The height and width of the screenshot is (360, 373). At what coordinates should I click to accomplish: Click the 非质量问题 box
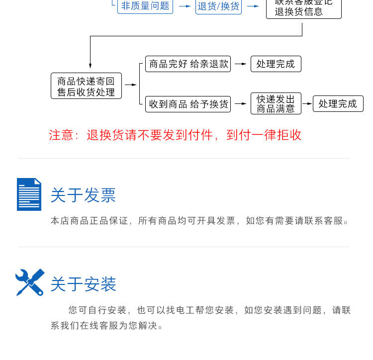(x=145, y=6)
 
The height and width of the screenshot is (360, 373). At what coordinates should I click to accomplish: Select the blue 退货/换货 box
(x=218, y=6)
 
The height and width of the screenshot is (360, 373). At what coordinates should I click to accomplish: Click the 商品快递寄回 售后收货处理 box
(x=86, y=86)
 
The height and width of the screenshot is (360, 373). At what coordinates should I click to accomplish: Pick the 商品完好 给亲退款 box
(x=188, y=64)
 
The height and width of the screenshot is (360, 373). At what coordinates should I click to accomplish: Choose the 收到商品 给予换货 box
(x=188, y=104)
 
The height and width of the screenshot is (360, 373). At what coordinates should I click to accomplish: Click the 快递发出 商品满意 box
(x=276, y=103)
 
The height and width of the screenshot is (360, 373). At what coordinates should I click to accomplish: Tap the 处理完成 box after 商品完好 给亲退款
(x=276, y=64)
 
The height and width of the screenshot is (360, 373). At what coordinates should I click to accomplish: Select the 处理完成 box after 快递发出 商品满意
(x=338, y=103)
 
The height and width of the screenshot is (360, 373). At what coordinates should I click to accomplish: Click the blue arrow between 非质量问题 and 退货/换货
(x=185, y=6)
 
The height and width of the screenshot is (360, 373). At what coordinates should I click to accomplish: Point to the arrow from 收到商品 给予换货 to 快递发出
(x=241, y=104)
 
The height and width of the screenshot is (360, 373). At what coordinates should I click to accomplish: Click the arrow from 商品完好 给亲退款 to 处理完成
(x=241, y=64)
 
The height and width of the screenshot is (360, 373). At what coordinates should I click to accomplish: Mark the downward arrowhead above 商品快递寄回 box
(x=90, y=65)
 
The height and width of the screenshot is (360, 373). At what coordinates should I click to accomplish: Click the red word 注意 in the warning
(x=61, y=135)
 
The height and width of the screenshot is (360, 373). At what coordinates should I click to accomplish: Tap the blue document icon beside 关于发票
(x=29, y=194)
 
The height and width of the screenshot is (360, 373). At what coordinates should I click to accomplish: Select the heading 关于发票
(x=83, y=195)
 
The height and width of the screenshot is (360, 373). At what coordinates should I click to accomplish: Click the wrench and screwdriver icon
(x=30, y=282)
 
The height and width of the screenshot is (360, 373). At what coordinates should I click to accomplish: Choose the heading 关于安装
(x=83, y=284)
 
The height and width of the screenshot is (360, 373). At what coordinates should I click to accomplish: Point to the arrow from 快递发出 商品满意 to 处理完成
(x=307, y=103)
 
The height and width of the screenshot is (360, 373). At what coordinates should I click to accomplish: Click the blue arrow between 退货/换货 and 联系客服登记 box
(x=253, y=6)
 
